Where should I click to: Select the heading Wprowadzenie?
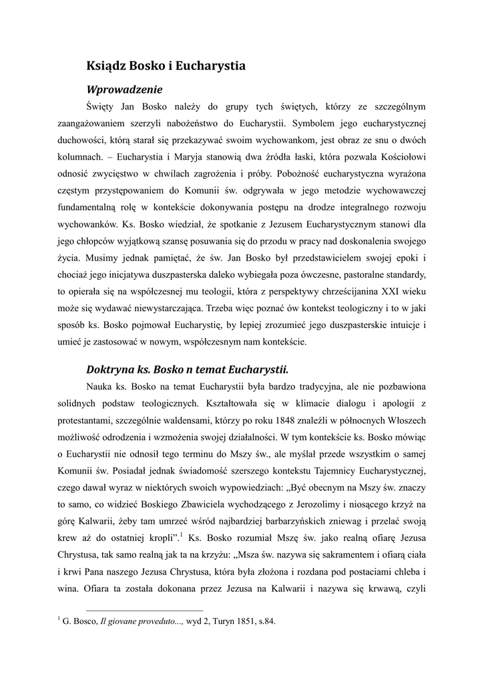(125, 88)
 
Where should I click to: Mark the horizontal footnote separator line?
(144, 611)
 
